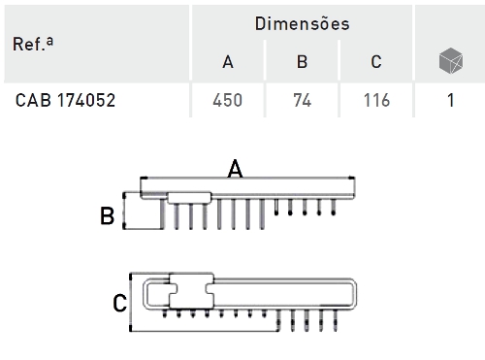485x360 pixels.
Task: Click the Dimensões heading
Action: pos(302,23)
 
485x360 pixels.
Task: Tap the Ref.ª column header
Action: pos(33,44)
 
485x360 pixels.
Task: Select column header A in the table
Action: pos(228,62)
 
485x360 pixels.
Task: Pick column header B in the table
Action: pos(302,62)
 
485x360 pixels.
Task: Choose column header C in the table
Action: pos(376,62)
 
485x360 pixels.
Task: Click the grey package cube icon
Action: pos(451,60)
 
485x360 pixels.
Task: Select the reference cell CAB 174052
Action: pos(65,100)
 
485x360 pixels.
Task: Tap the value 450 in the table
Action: pos(228,100)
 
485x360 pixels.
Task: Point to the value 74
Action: pos(303,100)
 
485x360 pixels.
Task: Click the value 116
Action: pos(376,100)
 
